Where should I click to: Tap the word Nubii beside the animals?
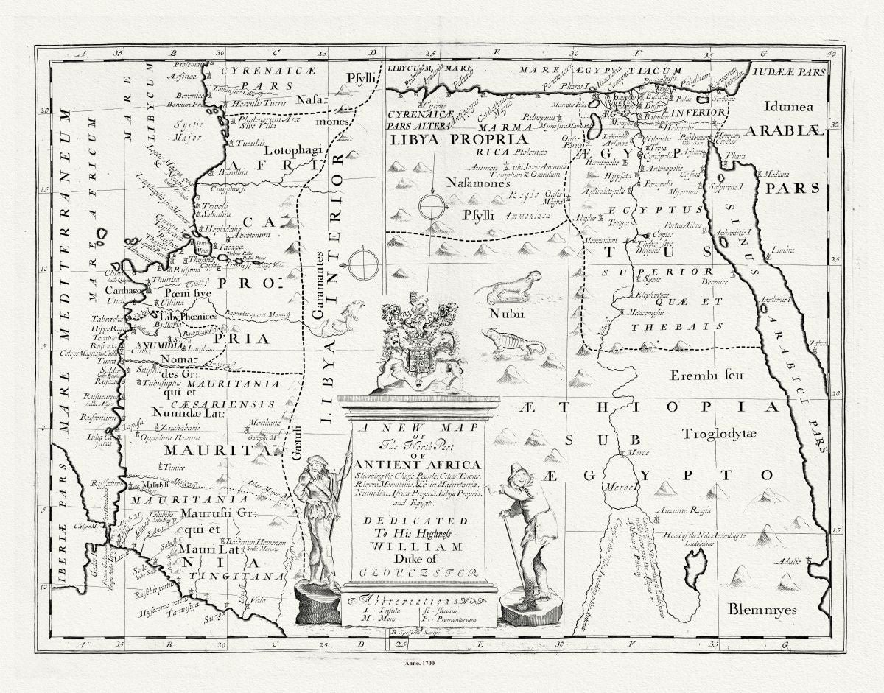(x=503, y=314)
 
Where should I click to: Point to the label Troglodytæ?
(x=718, y=434)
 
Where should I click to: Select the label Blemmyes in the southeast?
(x=762, y=609)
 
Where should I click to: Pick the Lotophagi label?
(x=293, y=149)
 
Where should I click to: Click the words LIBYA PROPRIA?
(x=459, y=138)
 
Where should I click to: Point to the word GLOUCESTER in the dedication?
(x=415, y=572)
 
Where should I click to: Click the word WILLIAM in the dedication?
(x=418, y=546)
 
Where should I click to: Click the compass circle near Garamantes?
(x=363, y=265)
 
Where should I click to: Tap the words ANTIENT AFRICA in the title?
(x=418, y=464)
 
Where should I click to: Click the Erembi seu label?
(x=706, y=375)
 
